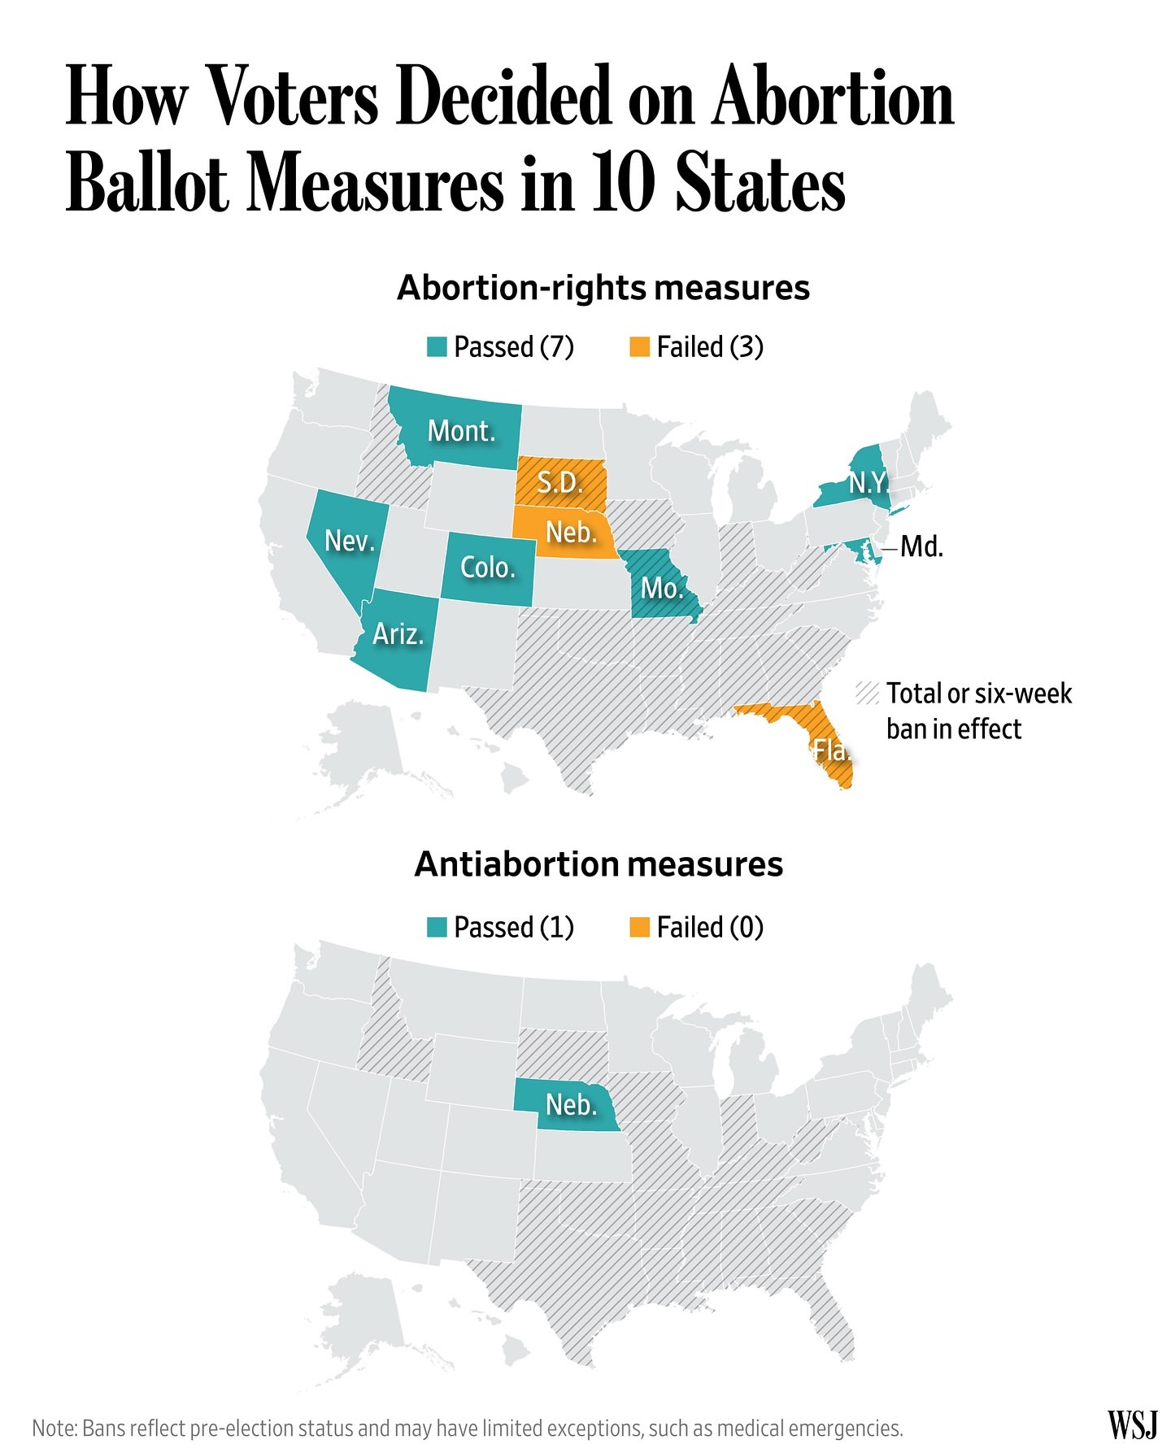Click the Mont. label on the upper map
(x=461, y=431)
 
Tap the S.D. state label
(x=560, y=483)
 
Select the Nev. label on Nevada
(x=350, y=540)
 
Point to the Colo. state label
(x=488, y=567)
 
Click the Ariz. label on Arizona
(x=398, y=633)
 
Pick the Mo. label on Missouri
(x=662, y=588)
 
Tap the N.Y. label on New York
(x=868, y=483)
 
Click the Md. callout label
(x=922, y=546)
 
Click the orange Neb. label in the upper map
(x=571, y=532)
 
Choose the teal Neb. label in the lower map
(x=571, y=1104)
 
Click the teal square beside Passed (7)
(x=437, y=347)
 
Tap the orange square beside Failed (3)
(x=640, y=347)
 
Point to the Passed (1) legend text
(x=514, y=927)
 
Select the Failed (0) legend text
(x=710, y=927)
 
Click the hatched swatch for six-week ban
(x=868, y=694)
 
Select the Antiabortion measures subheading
(x=599, y=864)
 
